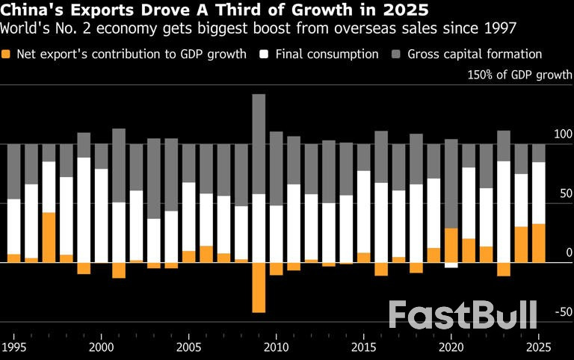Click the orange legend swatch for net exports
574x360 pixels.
click(x=7, y=55)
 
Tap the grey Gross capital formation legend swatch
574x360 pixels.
click(x=395, y=55)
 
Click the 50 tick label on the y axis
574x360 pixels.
click(x=566, y=193)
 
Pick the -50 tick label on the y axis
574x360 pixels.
click(x=563, y=312)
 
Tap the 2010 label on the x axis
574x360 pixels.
click(x=276, y=347)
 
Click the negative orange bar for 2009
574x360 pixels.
click(x=259, y=287)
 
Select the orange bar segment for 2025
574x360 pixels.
click(x=539, y=243)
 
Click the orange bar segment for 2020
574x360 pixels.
click(x=451, y=245)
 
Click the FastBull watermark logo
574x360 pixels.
click(x=463, y=314)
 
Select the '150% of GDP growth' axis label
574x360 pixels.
click(x=520, y=75)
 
